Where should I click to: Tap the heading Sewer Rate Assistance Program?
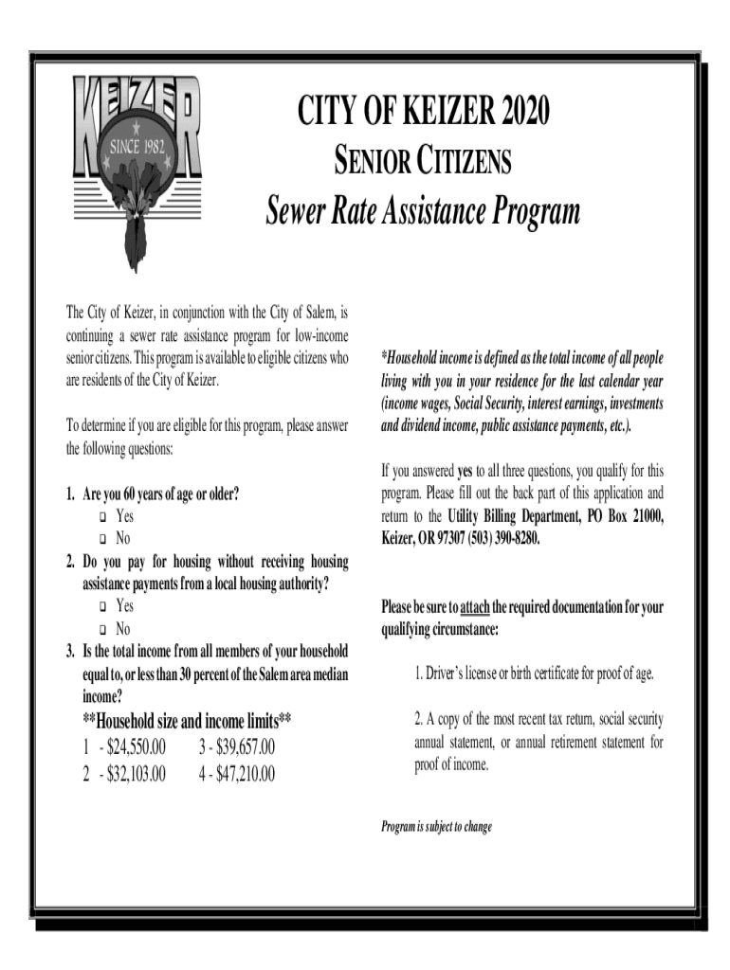point(423,212)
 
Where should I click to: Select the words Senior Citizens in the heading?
point(423,165)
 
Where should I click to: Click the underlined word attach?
point(474,607)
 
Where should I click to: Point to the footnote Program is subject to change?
point(436,827)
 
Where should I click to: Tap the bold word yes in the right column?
point(465,470)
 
